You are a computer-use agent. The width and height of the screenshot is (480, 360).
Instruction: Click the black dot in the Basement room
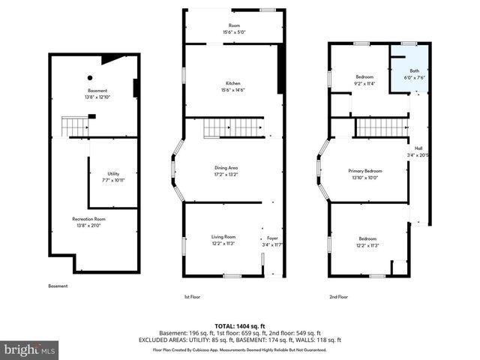(x=90, y=77)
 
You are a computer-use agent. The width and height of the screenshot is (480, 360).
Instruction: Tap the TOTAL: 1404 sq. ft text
(x=240, y=325)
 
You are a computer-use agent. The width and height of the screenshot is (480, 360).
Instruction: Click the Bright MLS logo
(x=30, y=349)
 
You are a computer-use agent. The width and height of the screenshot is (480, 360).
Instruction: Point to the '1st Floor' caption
(x=193, y=297)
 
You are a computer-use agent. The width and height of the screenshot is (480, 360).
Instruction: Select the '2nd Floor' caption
(x=338, y=297)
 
